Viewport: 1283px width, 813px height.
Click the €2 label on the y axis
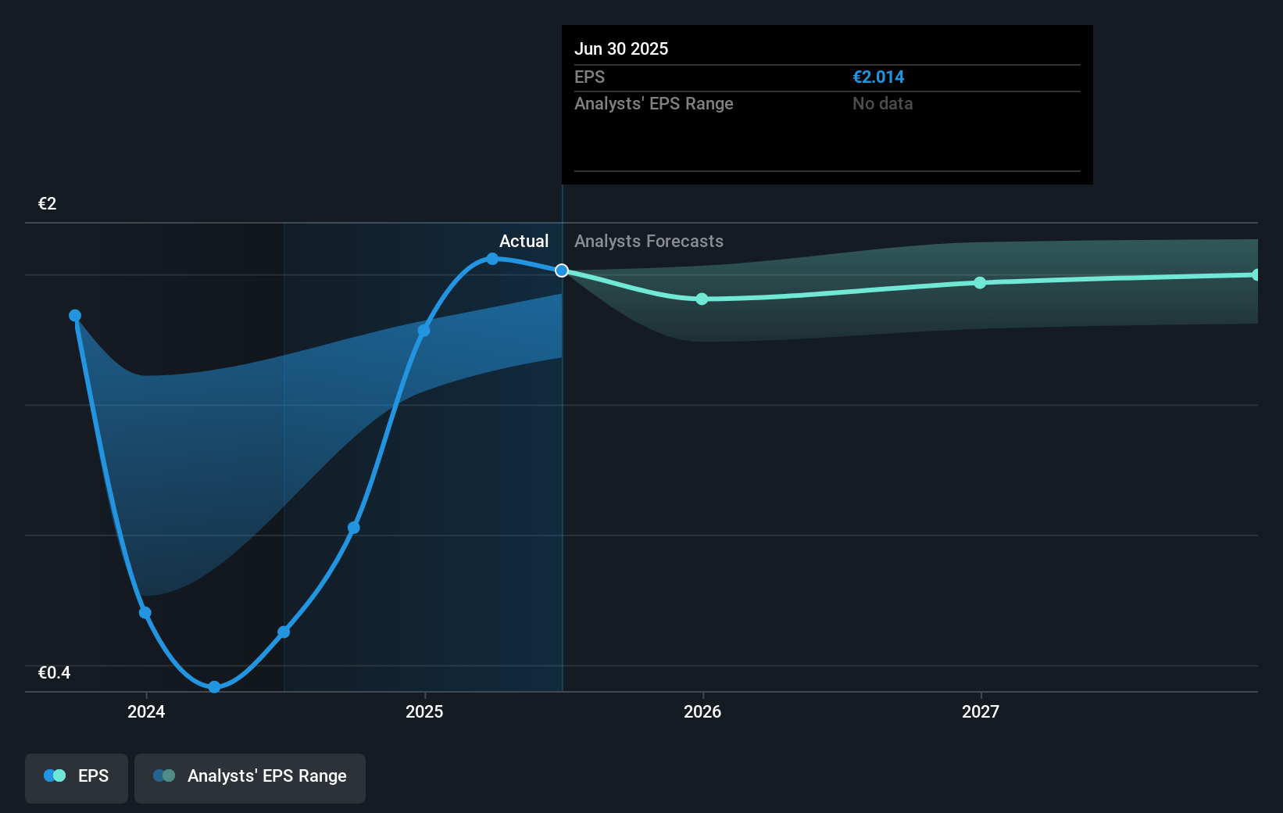[x=47, y=204]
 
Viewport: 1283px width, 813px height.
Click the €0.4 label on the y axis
[x=54, y=673]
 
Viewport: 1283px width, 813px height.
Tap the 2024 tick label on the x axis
[x=146, y=711]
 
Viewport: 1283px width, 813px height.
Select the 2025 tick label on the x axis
[x=424, y=711]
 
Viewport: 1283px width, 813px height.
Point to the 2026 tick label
[x=702, y=711]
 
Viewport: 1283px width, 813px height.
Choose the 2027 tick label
[x=981, y=711]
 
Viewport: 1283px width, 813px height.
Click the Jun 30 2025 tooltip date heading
[x=621, y=48]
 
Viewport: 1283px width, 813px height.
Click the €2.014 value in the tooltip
[x=878, y=77]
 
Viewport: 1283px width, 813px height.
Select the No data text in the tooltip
[x=882, y=103]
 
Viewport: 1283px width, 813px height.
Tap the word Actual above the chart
[x=524, y=241]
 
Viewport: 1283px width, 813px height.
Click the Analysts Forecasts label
[x=649, y=241]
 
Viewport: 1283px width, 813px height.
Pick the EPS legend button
[x=77, y=776]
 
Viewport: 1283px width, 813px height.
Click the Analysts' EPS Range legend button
[x=250, y=776]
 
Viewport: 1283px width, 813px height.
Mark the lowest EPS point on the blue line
[x=214, y=687]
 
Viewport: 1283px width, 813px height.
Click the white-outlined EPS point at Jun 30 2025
[x=562, y=270]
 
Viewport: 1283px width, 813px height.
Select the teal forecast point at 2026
[x=702, y=299]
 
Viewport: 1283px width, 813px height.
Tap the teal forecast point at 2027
[x=980, y=282]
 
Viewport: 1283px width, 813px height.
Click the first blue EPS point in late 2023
[x=75, y=316]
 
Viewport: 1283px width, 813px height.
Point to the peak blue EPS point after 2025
[x=492, y=259]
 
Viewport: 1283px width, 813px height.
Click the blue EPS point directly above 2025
[x=423, y=331]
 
